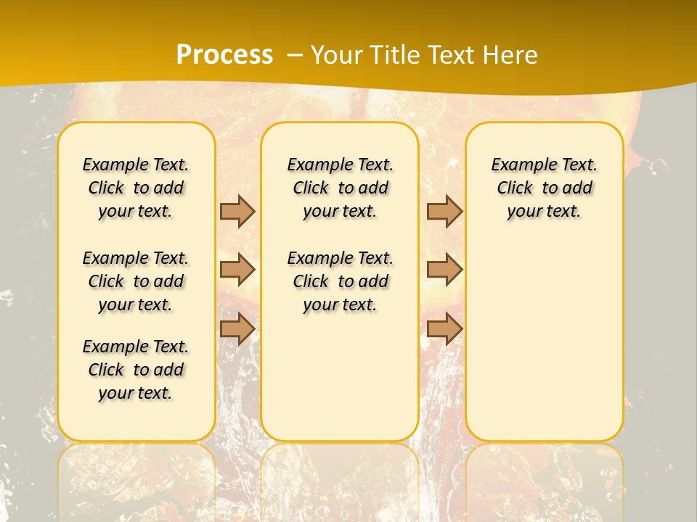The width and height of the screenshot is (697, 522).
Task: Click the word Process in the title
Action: (224, 54)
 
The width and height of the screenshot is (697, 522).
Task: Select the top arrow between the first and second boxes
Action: (237, 211)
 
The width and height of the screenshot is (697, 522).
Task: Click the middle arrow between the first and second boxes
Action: (237, 270)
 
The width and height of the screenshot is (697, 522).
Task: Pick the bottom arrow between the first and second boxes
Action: (237, 328)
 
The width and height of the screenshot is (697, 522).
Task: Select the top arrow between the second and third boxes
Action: (444, 211)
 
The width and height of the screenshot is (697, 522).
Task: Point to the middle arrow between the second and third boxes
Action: (444, 270)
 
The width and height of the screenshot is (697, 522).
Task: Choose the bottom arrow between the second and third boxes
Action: (444, 328)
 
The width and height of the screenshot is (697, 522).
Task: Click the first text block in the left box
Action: (136, 188)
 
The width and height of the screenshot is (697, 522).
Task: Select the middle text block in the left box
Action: (136, 281)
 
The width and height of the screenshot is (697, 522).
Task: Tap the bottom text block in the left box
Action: (136, 370)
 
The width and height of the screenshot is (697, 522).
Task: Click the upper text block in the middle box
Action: (341, 188)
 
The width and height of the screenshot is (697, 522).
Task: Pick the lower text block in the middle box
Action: (341, 281)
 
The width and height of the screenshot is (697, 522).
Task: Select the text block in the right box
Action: (545, 188)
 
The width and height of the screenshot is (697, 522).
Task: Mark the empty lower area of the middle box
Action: (340, 377)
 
